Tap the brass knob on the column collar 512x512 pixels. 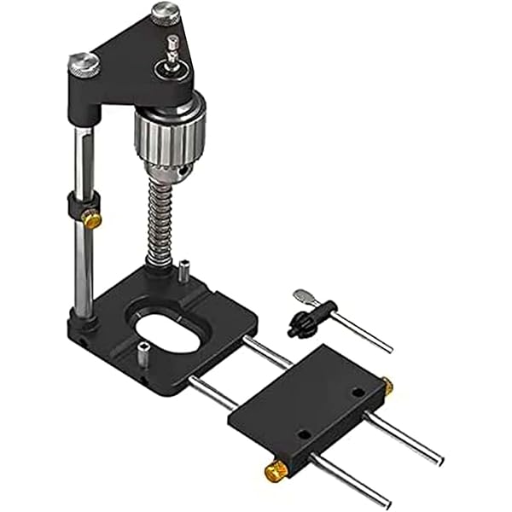(x=92, y=220)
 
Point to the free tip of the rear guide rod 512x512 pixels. (x=439, y=462)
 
